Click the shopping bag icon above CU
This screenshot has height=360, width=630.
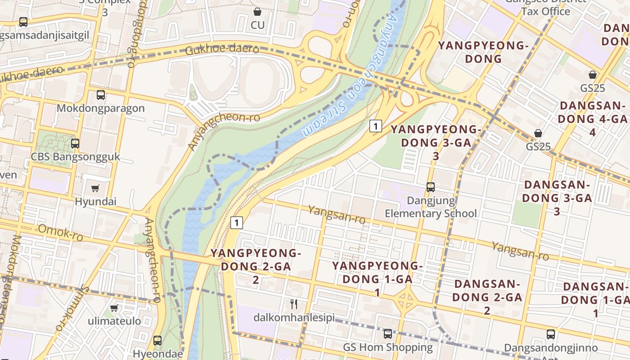point(257,12)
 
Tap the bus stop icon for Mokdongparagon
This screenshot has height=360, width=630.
point(101,95)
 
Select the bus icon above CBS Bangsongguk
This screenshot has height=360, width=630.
point(75,144)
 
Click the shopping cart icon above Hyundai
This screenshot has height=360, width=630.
point(95,188)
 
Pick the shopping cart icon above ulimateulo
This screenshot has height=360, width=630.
point(114,308)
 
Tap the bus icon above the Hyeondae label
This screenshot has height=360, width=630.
point(157,340)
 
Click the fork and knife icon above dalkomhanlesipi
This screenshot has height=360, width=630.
point(294,304)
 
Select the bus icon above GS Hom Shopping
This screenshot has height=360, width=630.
point(387,334)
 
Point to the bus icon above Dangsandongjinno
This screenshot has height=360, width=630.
point(551,334)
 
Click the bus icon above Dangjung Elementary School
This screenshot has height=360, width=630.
point(431,187)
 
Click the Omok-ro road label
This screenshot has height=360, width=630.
point(60,233)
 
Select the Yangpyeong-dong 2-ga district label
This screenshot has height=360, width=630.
point(255,266)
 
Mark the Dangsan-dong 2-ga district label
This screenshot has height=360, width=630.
point(486,297)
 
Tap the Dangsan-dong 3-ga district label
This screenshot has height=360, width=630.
point(557,198)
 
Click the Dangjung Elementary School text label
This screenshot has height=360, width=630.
point(431,207)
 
